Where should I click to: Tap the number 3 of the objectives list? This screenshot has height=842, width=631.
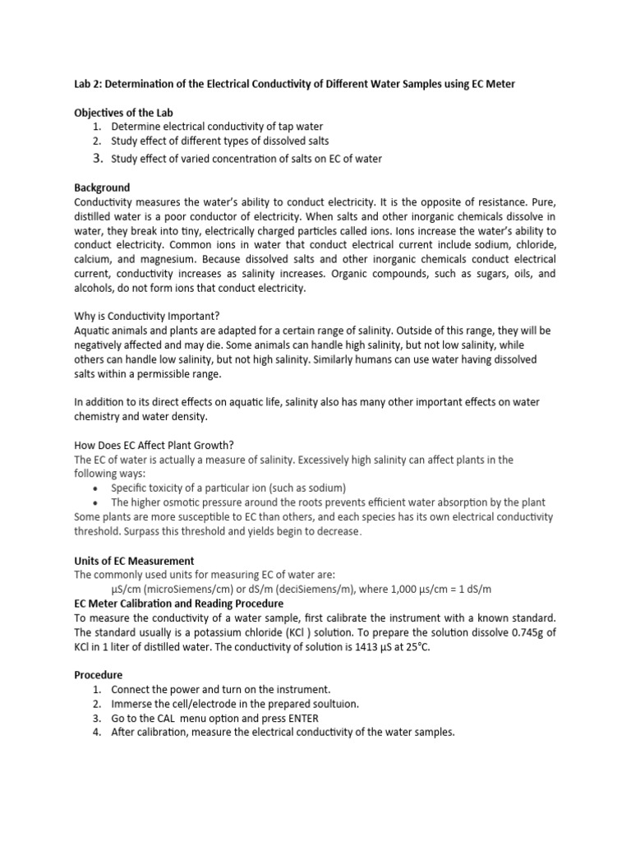point(96,157)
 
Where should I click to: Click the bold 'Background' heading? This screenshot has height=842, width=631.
point(102,188)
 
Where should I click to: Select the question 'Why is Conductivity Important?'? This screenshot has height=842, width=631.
point(142,317)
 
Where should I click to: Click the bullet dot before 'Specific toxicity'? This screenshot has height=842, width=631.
point(96,488)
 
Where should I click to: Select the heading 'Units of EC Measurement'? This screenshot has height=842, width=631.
point(134,560)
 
